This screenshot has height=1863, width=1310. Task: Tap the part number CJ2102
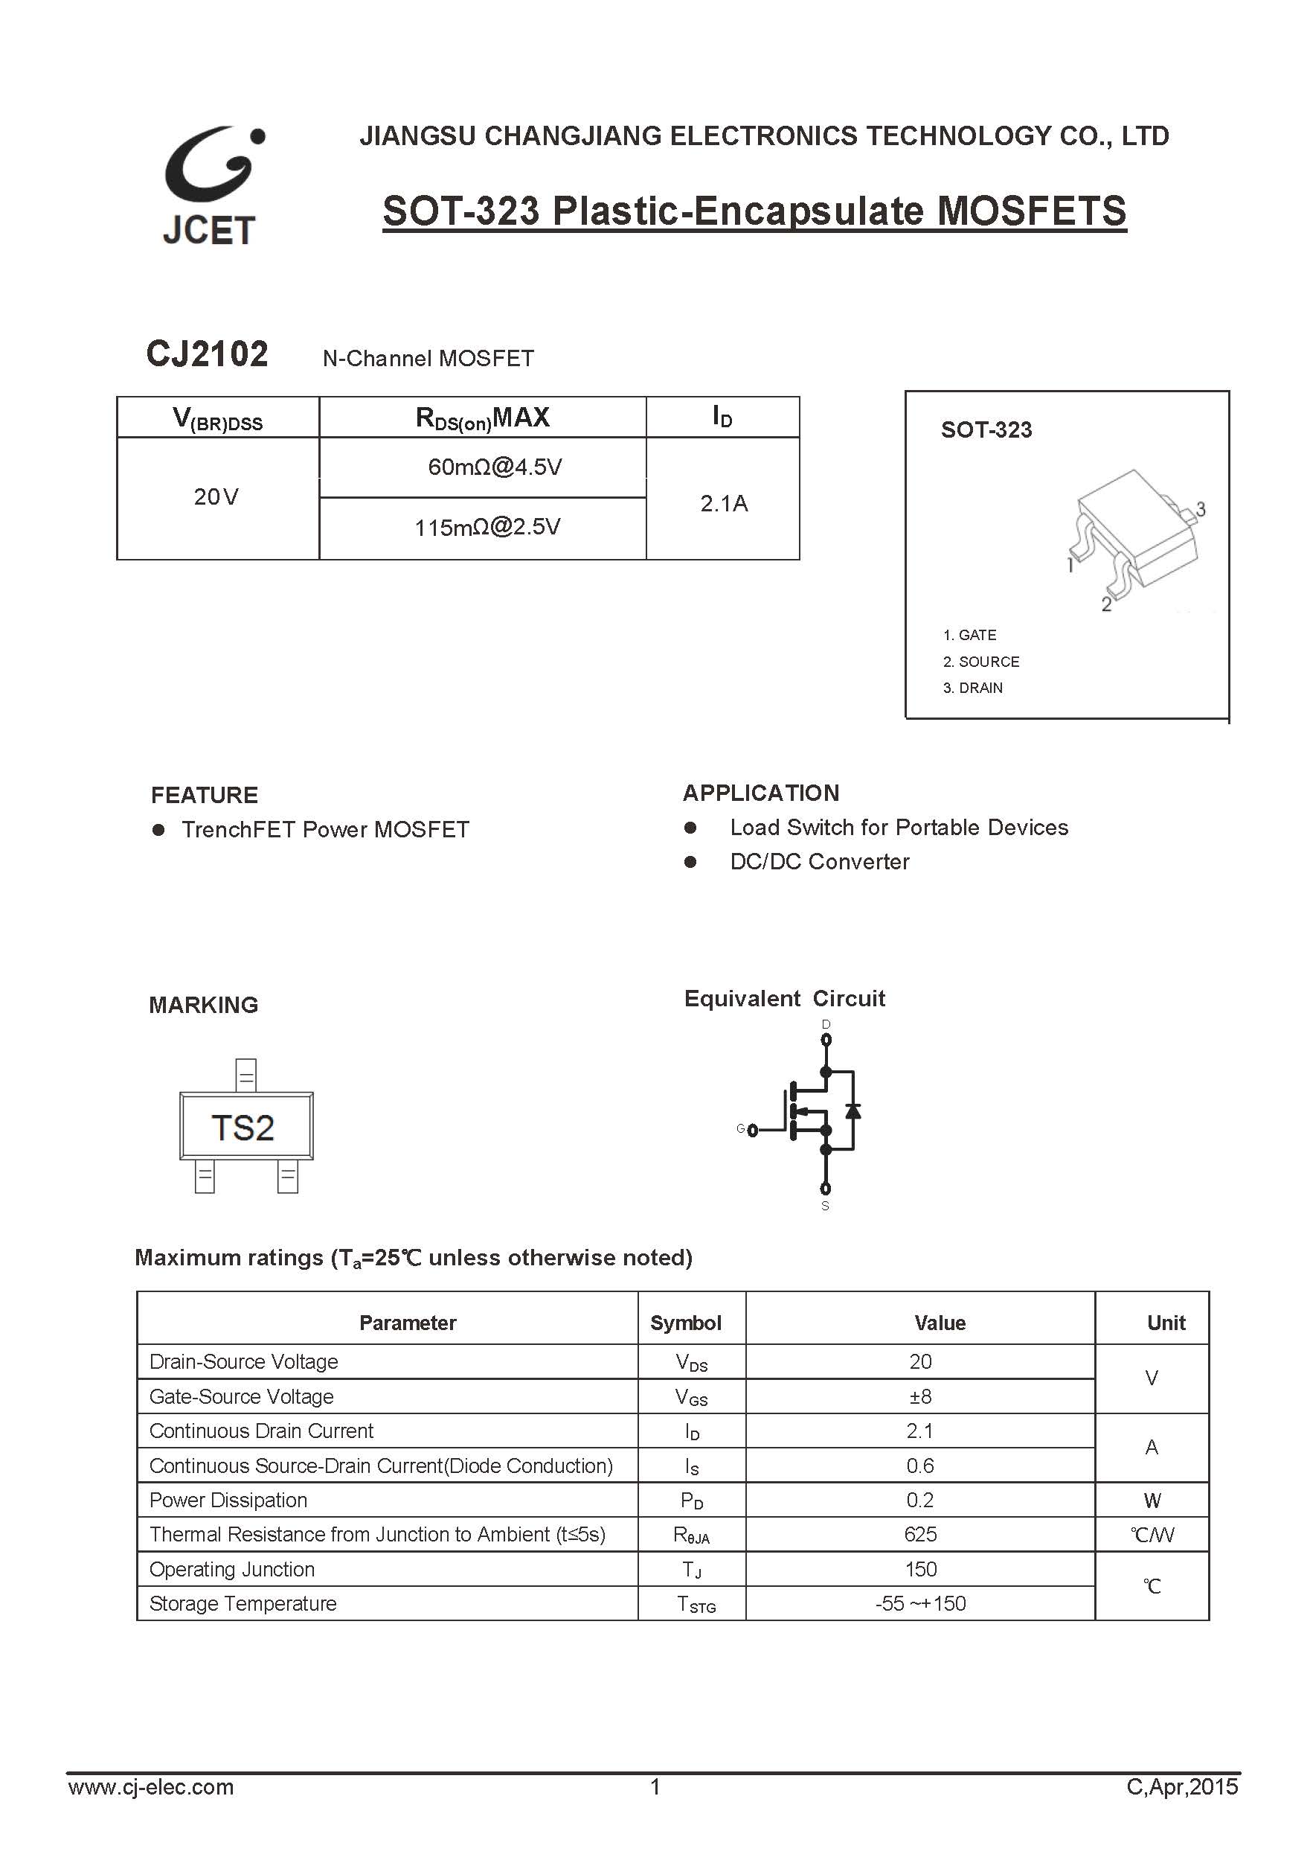[207, 354]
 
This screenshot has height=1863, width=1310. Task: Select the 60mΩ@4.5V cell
[495, 467]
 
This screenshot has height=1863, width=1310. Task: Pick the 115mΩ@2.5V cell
[487, 528]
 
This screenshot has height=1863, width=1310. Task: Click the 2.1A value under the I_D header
[724, 504]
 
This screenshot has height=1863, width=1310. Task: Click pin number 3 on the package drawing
[1201, 510]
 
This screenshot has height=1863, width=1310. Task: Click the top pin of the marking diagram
[245, 1076]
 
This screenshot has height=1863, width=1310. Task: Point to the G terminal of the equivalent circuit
[752, 1129]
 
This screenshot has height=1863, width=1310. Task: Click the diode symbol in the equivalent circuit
[853, 1110]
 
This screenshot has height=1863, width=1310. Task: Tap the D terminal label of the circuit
[826, 1025]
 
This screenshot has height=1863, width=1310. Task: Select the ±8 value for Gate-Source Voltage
[920, 1396]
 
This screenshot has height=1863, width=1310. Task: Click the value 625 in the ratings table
[920, 1534]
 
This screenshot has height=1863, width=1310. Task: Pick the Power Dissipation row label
[228, 1501]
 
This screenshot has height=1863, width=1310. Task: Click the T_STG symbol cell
[696, 1604]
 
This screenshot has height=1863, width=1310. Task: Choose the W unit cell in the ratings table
[1152, 1501]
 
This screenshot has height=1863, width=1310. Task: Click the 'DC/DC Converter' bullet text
[819, 862]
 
